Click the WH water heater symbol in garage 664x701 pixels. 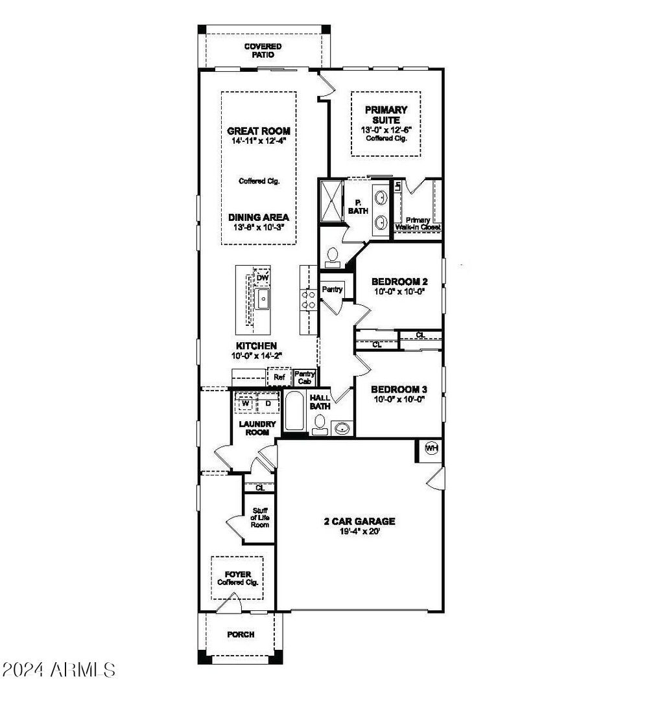point(431,448)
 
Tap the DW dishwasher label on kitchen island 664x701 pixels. point(262,278)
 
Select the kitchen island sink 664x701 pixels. point(263,299)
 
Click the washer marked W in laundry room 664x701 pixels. point(246,404)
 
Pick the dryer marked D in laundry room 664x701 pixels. point(268,404)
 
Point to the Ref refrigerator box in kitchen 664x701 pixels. point(279,377)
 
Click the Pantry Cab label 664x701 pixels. point(305,377)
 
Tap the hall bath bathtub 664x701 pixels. point(294,413)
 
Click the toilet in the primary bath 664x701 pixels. point(332,256)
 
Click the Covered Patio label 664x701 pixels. point(263,51)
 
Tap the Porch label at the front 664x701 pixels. point(241,634)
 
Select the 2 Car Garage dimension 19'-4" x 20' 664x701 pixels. point(360,531)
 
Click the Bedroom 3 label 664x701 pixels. point(399,389)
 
